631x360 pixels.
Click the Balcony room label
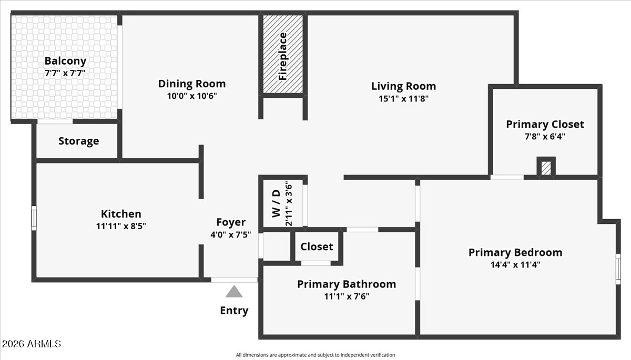point(65,61)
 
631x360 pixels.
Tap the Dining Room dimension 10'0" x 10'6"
point(191,96)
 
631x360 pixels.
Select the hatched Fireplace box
point(283,55)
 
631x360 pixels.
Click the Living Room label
point(403,86)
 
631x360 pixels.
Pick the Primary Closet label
point(545,125)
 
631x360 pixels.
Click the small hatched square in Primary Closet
point(546,168)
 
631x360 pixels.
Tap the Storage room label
point(78,141)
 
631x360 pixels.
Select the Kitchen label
point(121,214)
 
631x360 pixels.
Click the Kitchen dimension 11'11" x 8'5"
point(121,226)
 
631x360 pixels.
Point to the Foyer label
point(231,222)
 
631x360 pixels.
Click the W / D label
point(276,204)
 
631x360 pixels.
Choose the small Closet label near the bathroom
point(317,246)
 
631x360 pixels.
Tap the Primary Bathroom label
point(347,284)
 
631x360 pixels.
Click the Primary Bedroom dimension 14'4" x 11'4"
point(515,264)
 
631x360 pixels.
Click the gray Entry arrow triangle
point(234,292)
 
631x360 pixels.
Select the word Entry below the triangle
point(234,311)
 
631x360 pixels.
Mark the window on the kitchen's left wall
point(34,218)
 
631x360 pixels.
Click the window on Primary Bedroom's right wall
point(618,269)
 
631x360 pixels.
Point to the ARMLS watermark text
point(32,344)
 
